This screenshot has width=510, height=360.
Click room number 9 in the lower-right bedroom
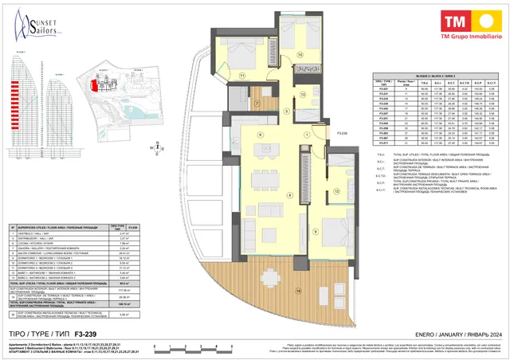(x=316, y=232)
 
